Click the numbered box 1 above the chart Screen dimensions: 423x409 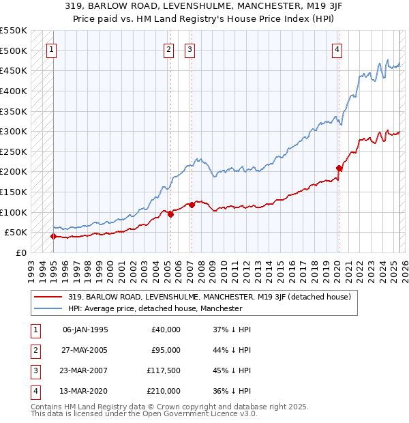click(x=52, y=48)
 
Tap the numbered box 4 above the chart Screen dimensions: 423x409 click(x=337, y=48)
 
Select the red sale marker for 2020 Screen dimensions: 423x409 click(x=339, y=167)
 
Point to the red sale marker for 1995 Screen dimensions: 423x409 click(x=53, y=236)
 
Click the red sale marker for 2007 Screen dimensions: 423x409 click(x=192, y=205)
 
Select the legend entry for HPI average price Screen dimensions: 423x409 click(x=155, y=308)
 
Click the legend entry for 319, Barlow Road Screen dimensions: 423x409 click(x=209, y=297)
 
